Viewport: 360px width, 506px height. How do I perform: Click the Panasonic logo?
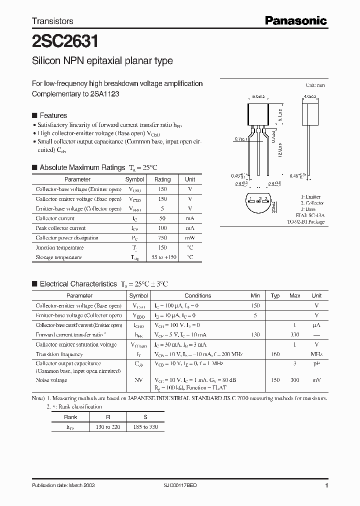coord(295,20)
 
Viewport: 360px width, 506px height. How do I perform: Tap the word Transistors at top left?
coord(52,21)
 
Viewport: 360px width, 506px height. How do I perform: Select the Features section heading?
coord(53,115)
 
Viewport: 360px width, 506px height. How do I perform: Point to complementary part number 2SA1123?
coord(105,94)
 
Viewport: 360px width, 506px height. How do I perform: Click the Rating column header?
coord(162,179)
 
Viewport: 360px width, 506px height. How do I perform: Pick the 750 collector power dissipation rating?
coord(162,238)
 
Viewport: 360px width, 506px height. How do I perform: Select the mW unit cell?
coord(190,238)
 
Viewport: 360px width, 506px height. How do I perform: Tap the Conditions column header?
coord(197,295)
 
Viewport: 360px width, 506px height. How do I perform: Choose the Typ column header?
coord(275,295)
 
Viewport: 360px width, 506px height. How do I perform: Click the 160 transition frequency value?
coord(275,354)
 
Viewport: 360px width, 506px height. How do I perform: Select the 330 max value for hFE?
coord(295,334)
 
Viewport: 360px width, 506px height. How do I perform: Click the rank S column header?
coord(146,416)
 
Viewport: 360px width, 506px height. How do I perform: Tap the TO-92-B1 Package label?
coord(305,221)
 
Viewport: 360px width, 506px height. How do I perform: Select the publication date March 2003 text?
coord(63,485)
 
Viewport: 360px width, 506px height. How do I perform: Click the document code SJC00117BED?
coord(197,485)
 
